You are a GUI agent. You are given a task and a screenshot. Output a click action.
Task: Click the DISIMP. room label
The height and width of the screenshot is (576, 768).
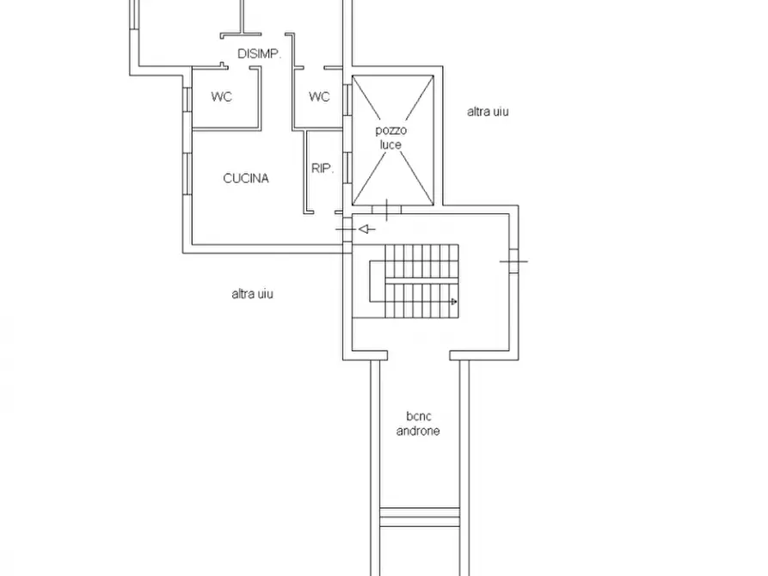pos(259,53)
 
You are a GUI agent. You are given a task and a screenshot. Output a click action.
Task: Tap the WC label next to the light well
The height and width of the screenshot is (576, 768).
pos(319,96)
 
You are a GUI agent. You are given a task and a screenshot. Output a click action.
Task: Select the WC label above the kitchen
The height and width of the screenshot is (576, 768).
pos(221,96)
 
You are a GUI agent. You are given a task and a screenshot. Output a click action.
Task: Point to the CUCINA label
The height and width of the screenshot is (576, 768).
pos(246,178)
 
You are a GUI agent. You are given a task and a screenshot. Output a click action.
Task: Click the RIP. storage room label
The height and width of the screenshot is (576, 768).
pos(323,169)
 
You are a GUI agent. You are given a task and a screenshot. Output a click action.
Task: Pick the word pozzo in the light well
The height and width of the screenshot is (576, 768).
pos(390,131)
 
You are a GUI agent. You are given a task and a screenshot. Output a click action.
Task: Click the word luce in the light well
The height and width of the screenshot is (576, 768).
pos(390,144)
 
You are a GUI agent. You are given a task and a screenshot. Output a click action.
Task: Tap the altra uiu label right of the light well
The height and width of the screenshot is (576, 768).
pos(488,112)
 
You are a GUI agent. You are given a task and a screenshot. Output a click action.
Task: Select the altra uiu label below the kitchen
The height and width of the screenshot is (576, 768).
pos(252,294)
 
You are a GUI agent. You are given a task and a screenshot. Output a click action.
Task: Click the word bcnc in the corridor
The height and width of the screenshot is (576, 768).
pos(419,416)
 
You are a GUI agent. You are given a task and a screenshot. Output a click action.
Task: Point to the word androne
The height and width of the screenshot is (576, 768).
pos(418,431)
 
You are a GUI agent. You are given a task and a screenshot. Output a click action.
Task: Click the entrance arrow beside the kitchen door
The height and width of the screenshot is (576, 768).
pos(367,229)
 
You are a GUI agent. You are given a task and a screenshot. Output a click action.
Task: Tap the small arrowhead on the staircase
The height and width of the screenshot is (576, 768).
pos(453,302)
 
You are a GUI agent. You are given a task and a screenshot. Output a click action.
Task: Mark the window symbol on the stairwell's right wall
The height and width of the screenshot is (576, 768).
pos(513,261)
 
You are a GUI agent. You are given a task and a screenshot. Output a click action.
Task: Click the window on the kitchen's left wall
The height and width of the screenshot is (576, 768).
pos(187,174)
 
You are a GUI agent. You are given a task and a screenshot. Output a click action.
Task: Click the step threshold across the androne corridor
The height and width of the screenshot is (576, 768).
pos(420,518)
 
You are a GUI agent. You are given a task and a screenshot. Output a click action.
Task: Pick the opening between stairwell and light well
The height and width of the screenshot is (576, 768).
pos(386,210)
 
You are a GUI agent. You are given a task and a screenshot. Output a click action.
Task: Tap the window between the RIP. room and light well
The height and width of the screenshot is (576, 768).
pos(347,168)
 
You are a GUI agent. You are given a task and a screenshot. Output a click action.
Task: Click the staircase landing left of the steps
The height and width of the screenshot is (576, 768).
pos(378,282)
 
